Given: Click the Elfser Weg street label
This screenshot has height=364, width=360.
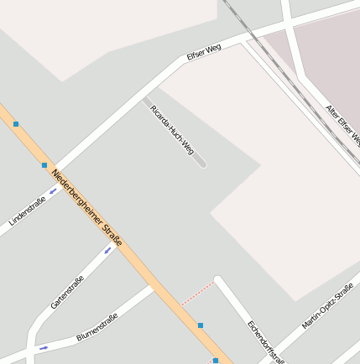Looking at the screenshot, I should coord(204,52).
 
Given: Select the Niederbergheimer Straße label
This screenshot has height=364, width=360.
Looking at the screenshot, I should coord(86,208).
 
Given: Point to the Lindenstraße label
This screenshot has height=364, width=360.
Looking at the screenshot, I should coord(27,211).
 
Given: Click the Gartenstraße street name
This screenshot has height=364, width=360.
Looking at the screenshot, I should coord(67,292).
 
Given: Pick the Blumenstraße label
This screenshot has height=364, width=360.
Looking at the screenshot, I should coord(97,326).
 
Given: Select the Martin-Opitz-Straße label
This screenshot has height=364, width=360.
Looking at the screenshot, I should coord(328,305).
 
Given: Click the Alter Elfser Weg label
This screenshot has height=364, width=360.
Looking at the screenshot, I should coord(342,123).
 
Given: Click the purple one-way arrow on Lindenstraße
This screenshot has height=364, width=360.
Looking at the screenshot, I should coord(54,191).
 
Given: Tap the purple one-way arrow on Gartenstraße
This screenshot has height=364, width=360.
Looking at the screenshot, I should coord(108,249).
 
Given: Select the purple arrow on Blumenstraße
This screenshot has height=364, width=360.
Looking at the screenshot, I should coord(44,347).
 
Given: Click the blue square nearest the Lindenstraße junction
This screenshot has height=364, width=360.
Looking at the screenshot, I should coord(44,165).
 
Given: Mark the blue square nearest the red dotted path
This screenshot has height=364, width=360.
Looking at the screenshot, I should coord(201,325).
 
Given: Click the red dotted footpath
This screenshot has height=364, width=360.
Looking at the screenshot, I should coord(197,293).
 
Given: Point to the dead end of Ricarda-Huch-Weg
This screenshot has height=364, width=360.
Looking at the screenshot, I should coord(201,163).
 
